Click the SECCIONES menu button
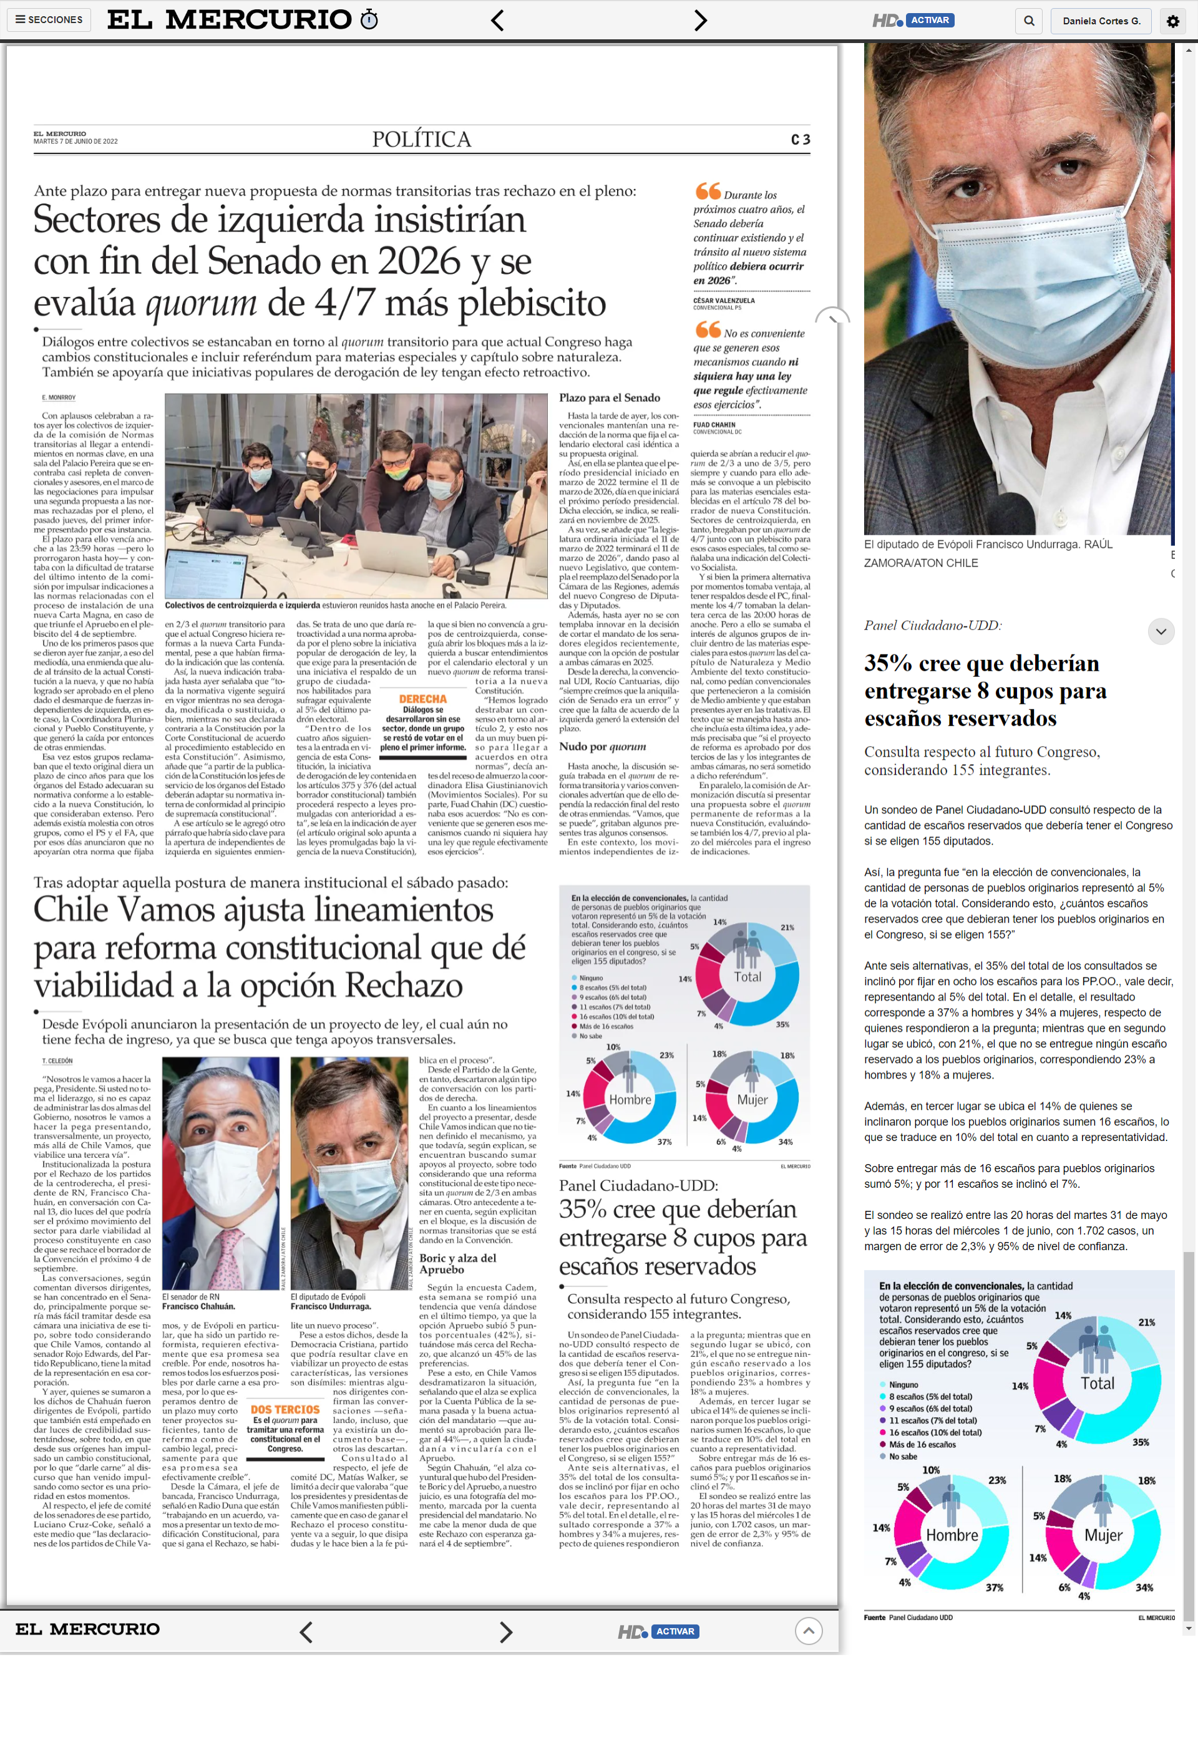click(49, 19)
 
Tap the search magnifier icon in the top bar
click(1029, 21)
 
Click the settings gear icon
click(1172, 21)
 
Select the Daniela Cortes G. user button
click(1101, 21)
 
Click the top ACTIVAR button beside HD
click(930, 21)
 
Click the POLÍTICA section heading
click(422, 140)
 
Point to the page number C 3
click(801, 140)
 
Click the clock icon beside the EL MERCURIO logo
click(369, 19)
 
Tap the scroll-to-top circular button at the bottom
click(808, 1631)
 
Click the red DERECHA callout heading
click(422, 699)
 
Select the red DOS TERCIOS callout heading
click(285, 1410)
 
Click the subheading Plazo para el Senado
click(610, 397)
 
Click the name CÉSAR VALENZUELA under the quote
click(723, 300)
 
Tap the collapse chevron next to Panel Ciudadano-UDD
click(1161, 631)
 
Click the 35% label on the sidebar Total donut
click(1141, 1442)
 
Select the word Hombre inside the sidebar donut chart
click(952, 1535)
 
